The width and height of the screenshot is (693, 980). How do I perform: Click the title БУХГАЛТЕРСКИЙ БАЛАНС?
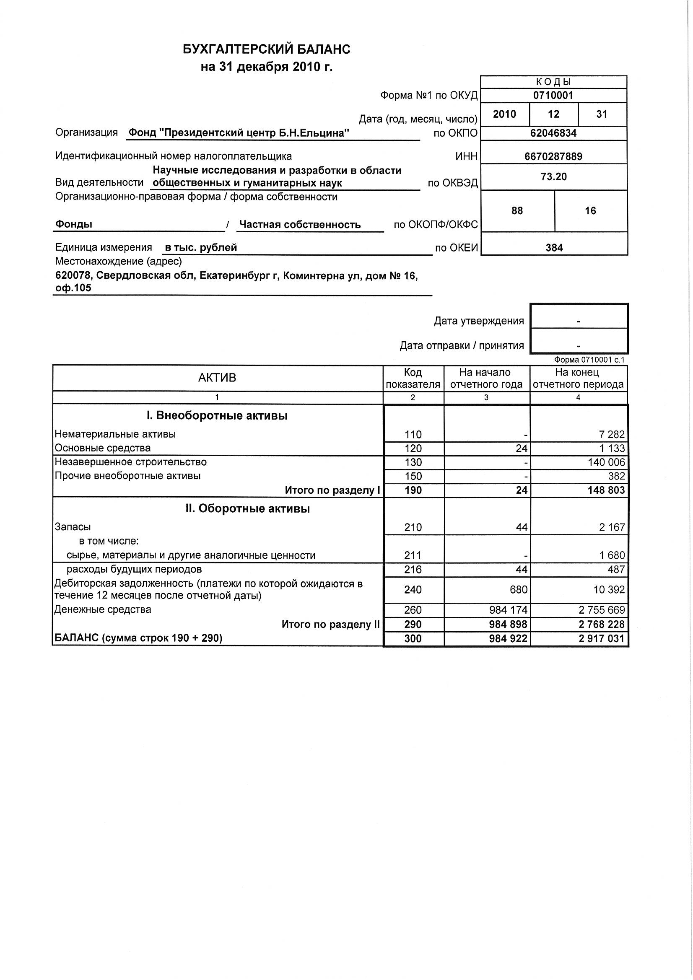click(x=267, y=49)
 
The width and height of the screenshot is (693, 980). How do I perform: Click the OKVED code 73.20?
click(x=553, y=177)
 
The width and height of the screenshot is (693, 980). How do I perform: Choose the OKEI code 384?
click(x=554, y=248)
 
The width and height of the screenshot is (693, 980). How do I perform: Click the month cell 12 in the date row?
click(x=553, y=114)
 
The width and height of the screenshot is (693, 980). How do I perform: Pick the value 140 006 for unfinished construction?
click(x=606, y=462)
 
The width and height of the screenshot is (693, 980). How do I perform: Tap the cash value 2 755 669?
click(x=602, y=609)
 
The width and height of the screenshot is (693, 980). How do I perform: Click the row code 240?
click(x=413, y=589)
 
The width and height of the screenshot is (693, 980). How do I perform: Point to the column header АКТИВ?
click(x=217, y=378)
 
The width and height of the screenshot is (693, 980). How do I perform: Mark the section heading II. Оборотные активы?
click(x=248, y=509)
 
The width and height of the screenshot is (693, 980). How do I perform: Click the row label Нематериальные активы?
click(x=115, y=434)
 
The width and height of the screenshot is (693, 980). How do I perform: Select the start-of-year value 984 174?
click(x=508, y=609)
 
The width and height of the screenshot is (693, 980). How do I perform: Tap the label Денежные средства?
click(x=103, y=609)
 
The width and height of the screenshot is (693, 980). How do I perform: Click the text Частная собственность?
click(x=300, y=225)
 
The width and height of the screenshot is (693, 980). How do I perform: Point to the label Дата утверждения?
click(x=479, y=321)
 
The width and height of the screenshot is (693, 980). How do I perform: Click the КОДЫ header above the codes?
click(x=553, y=82)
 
